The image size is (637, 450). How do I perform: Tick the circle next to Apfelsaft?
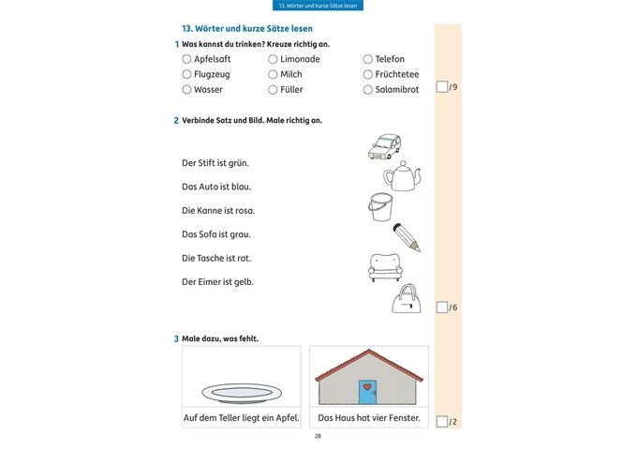tap(186, 59)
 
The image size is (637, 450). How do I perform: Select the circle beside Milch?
tap(273, 74)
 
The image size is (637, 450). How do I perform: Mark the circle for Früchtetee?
tap(368, 74)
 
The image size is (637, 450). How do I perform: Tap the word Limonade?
tap(300, 59)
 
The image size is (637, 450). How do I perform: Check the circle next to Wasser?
tap(186, 90)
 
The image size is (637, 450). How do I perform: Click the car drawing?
tap(384, 145)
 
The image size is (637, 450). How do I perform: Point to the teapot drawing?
tap(403, 176)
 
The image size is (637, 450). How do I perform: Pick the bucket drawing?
tap(380, 207)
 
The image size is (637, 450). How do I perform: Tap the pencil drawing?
tap(407, 236)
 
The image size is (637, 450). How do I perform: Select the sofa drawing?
tap(385, 267)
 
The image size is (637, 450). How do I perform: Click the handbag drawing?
tap(406, 299)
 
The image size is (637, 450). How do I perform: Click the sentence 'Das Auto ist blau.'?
tap(216, 187)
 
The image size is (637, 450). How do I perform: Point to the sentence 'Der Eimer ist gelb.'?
tap(218, 281)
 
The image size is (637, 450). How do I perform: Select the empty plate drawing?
tap(241, 391)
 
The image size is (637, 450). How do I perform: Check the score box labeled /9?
tap(442, 87)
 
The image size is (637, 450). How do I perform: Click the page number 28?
tap(318, 437)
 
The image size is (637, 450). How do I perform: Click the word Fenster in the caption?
tap(403, 417)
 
